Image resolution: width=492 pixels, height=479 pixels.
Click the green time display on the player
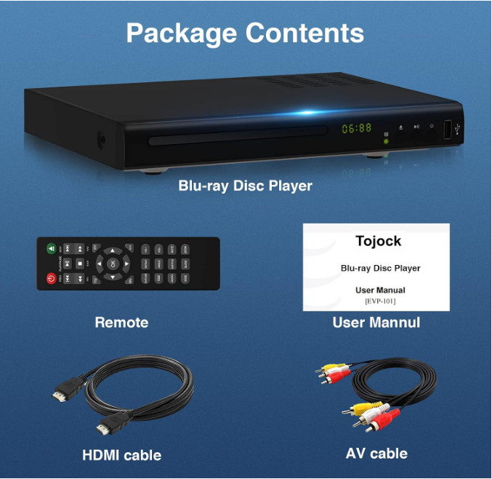(357, 128)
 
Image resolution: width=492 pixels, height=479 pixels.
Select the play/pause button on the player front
(416, 127)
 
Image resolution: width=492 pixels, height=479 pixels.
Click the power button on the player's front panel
(432, 127)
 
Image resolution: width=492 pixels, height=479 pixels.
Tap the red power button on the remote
(51, 278)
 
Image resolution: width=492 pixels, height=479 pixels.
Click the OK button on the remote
(111, 264)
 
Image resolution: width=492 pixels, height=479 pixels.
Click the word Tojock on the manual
(378, 242)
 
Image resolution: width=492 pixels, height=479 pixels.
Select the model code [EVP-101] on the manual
(380, 301)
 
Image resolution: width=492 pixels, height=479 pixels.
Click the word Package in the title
(182, 33)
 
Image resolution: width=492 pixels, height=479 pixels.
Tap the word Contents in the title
(305, 33)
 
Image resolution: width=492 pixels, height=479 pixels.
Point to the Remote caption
(121, 322)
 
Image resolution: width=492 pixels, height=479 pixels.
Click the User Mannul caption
(376, 322)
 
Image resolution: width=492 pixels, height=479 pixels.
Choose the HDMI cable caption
(121, 456)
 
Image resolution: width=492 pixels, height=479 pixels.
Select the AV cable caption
(376, 453)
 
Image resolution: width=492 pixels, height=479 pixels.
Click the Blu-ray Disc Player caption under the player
(245, 186)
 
